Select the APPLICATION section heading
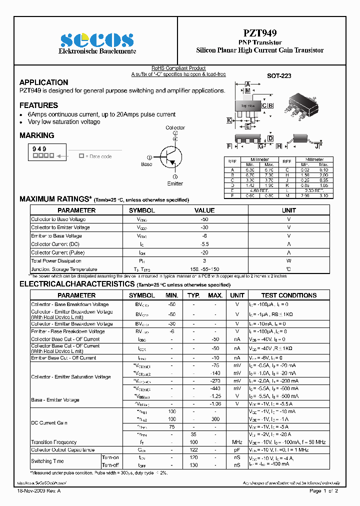43,82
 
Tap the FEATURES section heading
38,105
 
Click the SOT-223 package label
279,76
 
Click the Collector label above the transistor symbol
175,128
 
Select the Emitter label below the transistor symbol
175,183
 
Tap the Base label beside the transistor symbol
146,164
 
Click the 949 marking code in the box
39,149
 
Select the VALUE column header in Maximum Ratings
204,210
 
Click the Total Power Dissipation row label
56,261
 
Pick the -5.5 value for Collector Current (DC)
204,244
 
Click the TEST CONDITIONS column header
288,295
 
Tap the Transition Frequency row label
54,442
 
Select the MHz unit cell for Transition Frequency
237,442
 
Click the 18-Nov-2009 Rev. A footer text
36,491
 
